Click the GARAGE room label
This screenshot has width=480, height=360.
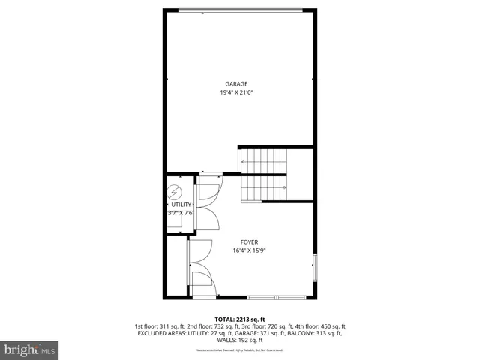coord(236,83)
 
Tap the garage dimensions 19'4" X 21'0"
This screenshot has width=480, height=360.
coord(236,92)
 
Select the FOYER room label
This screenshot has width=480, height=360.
coord(249,241)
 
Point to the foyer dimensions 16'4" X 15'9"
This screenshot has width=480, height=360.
coord(249,250)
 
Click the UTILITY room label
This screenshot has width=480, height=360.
coord(181,204)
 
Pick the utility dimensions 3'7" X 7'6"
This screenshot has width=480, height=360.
coord(181,213)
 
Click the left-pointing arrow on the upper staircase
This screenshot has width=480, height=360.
coord(244,161)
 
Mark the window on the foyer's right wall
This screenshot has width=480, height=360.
coord(315,267)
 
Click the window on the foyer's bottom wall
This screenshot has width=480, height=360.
coord(277,298)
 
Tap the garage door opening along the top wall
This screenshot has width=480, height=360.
coord(250,10)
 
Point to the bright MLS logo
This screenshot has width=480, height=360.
coord(29,349)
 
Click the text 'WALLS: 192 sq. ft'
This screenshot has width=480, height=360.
coord(239,340)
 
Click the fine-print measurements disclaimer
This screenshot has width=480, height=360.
coord(239,349)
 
